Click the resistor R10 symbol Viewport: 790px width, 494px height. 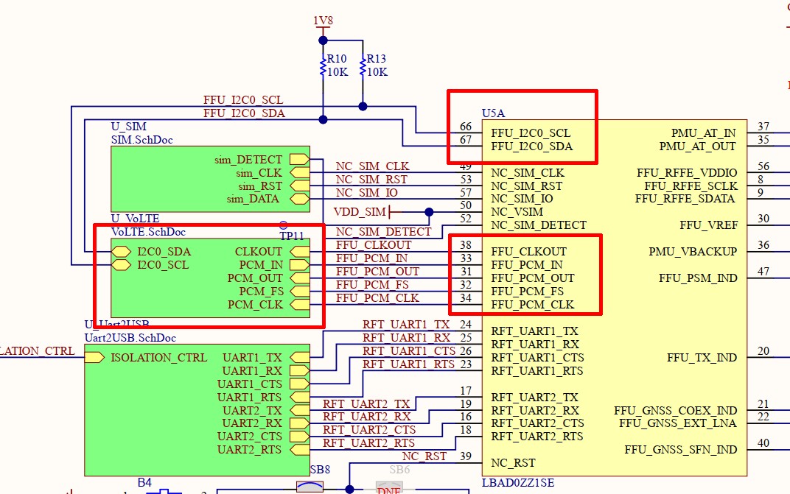point(323,66)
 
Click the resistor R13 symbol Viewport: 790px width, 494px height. point(363,66)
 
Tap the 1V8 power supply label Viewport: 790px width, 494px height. point(322,21)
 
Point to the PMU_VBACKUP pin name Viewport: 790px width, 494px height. point(693,251)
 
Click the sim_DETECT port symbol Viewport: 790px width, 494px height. point(298,159)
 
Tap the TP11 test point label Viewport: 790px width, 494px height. point(292,236)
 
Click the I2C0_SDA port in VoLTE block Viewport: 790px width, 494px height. point(120,252)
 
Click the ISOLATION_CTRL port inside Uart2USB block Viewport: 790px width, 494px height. point(94,358)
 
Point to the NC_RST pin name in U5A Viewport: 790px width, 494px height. point(514,463)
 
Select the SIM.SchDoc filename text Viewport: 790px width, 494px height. point(141,139)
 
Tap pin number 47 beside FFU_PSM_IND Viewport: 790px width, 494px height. point(763,272)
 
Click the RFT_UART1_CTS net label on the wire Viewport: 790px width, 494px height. point(409,350)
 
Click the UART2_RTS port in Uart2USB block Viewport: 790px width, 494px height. point(298,450)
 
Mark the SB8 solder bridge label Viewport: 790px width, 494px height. point(320,470)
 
